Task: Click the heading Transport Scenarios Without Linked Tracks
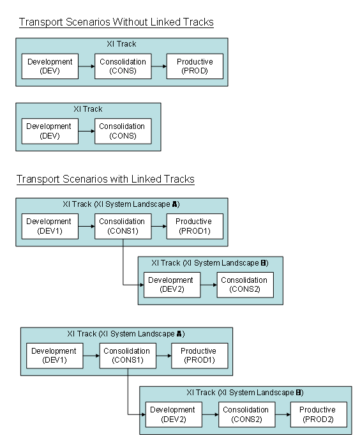pos(116,23)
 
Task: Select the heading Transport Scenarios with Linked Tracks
pos(105,179)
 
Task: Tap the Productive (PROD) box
pos(195,66)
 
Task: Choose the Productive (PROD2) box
pos(317,414)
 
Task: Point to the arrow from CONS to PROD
pos(159,66)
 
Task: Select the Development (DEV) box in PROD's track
pos(50,66)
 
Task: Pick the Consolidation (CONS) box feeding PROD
pos(123,66)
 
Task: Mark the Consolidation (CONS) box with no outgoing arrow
pos(123,131)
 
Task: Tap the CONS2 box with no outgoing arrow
pos(245,285)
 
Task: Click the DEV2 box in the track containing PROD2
pos(174,414)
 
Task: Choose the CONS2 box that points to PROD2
pos(245,414)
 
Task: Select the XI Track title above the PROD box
pos(121,45)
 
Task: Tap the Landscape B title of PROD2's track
pos(244,392)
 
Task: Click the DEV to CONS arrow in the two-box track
pos(86,131)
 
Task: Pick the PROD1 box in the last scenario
pos(199,356)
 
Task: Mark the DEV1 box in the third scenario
pos(50,226)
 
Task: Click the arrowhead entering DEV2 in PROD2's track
pos(142,414)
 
